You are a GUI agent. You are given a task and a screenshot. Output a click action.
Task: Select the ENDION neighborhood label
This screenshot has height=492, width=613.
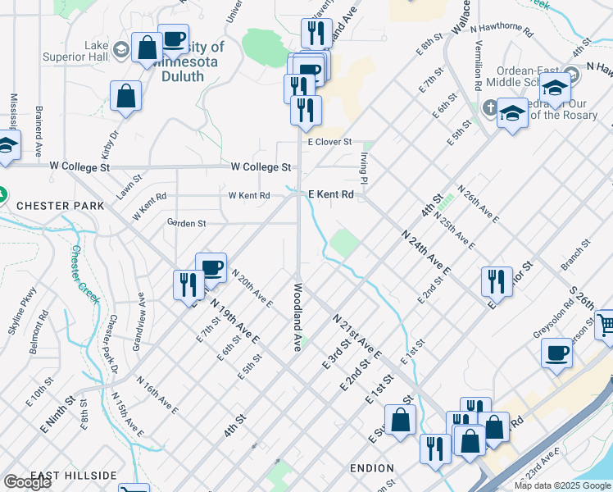click(x=371, y=468)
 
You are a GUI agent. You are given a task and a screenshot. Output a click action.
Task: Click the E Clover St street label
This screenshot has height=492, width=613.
click(x=329, y=142)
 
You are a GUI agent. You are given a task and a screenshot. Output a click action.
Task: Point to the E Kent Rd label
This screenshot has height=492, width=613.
click(x=331, y=195)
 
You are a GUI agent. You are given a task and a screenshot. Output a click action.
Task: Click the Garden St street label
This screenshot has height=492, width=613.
click(x=186, y=222)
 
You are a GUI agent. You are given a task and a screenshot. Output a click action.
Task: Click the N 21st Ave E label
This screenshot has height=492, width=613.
click(x=357, y=335)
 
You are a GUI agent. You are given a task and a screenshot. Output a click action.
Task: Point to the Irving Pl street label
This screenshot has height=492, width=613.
click(x=361, y=167)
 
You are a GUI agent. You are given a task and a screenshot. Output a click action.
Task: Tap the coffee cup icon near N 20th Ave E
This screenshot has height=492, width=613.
click(x=211, y=267)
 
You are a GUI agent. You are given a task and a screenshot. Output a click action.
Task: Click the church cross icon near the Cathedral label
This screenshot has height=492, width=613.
click(x=489, y=107)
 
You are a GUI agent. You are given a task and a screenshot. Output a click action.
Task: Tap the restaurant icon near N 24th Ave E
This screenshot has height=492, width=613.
click(x=496, y=281)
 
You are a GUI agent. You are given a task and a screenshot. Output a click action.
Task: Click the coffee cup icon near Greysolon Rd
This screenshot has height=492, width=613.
click(x=556, y=353)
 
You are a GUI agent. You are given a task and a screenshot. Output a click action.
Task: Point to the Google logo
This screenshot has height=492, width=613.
click(x=27, y=482)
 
